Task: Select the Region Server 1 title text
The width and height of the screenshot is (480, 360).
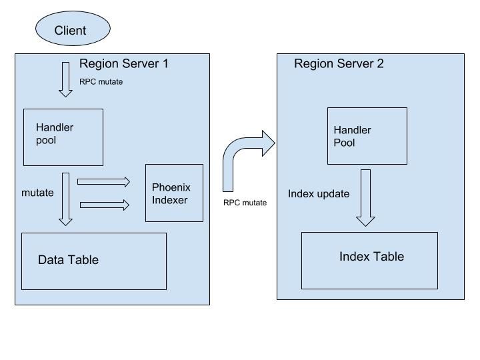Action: pos(123,64)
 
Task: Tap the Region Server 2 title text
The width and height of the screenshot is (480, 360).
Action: pos(339,64)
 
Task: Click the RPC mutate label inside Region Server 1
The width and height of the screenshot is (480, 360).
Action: pos(101,82)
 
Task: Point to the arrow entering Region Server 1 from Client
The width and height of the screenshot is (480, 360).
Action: pos(65,79)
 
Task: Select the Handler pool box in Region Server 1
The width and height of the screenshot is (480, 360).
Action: pos(63,137)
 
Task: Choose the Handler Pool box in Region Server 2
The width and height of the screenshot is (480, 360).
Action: pos(367,136)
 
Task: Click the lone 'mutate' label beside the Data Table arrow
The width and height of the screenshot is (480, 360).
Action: pos(38,193)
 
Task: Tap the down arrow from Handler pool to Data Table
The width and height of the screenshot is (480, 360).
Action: pos(65,199)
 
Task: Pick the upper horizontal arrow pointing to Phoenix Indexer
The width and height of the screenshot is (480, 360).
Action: pos(103,181)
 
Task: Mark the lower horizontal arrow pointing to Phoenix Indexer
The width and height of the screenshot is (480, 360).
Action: pos(103,205)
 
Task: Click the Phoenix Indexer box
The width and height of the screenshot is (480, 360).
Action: pos(174,193)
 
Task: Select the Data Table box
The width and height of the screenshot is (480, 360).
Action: pos(94,261)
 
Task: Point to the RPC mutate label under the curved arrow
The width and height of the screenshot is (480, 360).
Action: pos(245,203)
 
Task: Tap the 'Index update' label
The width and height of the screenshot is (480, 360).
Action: pos(319,194)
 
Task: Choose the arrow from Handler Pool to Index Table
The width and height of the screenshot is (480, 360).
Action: pos(365,197)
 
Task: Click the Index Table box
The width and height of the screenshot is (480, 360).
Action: pos(369,260)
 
